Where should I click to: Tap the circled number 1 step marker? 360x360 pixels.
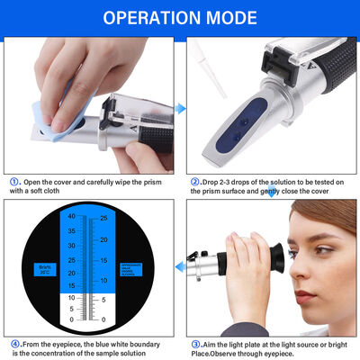(x=15, y=180)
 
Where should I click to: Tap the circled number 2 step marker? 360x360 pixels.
(x=195, y=180)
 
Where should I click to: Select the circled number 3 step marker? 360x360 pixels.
(x=195, y=343)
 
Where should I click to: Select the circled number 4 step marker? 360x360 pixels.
(x=15, y=343)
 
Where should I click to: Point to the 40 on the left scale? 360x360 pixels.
(x=71, y=216)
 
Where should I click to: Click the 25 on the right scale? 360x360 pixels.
(x=103, y=218)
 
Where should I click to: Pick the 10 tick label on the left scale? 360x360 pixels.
(x=71, y=294)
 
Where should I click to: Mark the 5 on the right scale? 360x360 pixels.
(x=105, y=300)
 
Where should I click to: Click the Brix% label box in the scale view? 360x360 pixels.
(x=44, y=270)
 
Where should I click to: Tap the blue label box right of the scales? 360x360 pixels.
(x=132, y=270)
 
